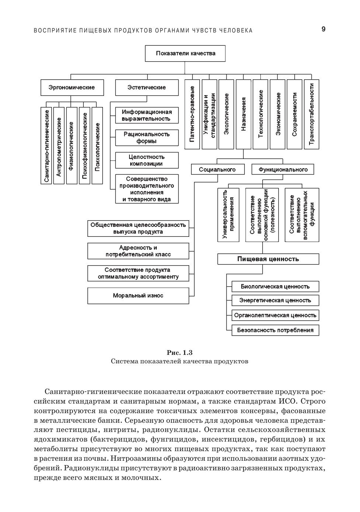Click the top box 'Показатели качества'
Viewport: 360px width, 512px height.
click(185, 53)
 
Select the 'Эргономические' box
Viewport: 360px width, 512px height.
click(72, 88)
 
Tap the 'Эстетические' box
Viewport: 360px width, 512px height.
click(146, 88)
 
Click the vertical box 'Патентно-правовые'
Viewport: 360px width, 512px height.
click(192, 114)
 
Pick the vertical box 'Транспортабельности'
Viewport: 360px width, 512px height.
click(311, 114)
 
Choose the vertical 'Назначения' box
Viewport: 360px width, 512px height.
click(243, 114)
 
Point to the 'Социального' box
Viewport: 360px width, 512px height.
click(217, 170)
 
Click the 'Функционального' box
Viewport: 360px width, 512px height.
click(283, 170)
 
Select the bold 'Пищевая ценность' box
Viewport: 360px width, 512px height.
click(268, 259)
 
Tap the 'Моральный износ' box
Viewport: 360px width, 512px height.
click(138, 296)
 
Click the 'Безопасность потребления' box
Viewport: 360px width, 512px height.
click(275, 330)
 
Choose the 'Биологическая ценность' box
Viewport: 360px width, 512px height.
click(275, 287)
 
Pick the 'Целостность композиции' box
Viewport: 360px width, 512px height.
click(146, 160)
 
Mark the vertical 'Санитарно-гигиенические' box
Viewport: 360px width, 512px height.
click(46, 145)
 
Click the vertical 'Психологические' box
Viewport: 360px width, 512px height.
click(97, 145)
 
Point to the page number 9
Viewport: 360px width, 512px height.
click(323, 30)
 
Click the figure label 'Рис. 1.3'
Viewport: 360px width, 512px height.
click(180, 353)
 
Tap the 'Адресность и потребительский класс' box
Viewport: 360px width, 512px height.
click(138, 251)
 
